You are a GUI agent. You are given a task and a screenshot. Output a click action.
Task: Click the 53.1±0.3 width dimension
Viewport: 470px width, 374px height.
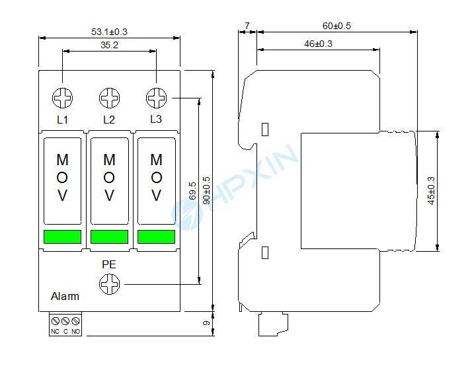click(109, 30)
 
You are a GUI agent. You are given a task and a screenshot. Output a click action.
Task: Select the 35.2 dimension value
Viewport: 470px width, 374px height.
click(110, 46)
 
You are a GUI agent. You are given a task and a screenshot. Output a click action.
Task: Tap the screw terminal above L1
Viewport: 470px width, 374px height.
click(63, 98)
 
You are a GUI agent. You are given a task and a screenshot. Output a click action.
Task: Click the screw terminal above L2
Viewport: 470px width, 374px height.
click(109, 98)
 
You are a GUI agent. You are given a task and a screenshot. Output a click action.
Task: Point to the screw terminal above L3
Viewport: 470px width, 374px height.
click(156, 98)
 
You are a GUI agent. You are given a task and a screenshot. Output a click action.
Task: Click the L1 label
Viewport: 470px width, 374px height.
click(62, 120)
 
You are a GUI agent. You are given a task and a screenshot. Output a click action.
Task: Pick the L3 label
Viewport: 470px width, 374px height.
click(156, 119)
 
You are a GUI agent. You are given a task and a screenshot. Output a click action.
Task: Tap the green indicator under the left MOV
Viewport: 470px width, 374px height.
click(63, 237)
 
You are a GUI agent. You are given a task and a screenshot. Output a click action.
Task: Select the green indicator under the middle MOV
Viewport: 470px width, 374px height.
click(109, 237)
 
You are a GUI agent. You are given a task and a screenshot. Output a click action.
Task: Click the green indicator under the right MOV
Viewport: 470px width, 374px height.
click(156, 237)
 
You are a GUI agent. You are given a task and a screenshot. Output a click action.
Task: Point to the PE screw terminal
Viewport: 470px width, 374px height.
click(109, 285)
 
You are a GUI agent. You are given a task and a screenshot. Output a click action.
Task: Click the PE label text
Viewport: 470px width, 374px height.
click(109, 266)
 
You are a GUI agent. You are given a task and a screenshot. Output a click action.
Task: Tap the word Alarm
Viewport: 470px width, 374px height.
click(65, 297)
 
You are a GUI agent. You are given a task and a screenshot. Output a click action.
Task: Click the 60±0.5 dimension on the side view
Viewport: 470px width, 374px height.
click(337, 26)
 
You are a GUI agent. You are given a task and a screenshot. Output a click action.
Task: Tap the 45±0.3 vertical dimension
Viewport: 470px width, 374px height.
click(431, 190)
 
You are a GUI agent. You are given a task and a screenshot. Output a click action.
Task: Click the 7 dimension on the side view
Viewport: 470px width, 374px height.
click(247, 26)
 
